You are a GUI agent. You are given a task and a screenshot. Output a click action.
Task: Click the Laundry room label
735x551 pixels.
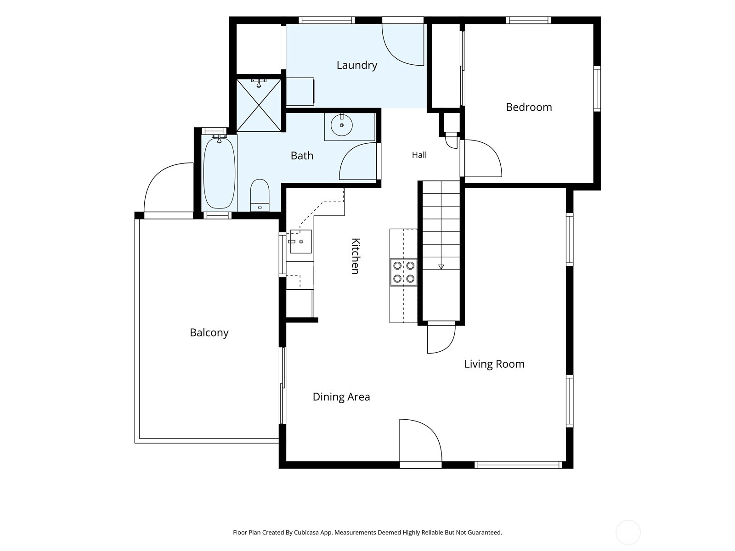tap(356, 65)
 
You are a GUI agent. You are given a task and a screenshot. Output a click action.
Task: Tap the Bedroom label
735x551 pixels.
tap(529, 107)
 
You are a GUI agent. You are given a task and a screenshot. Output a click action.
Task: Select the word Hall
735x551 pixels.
tap(419, 155)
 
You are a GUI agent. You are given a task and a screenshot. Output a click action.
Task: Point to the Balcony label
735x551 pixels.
tap(209, 332)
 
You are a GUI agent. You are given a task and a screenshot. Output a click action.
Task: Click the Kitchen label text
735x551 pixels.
tap(355, 256)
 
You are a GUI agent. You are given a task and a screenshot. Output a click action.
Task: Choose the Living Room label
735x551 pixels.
tap(494, 364)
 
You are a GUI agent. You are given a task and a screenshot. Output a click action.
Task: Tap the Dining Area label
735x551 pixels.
tap(341, 397)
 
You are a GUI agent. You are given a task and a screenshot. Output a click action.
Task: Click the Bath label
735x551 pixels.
tap(302, 156)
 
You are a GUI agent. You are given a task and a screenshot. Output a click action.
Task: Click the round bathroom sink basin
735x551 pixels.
tap(342, 125)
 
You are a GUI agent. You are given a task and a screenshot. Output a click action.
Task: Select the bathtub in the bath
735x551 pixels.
tap(219, 173)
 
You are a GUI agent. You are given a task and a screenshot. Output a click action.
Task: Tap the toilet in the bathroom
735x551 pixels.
tap(260, 196)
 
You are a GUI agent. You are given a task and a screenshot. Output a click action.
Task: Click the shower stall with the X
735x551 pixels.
tap(259, 105)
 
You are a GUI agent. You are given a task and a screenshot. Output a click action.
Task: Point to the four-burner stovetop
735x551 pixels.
tap(403, 272)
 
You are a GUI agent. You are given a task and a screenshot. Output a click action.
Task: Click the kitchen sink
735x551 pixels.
tap(301, 241)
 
